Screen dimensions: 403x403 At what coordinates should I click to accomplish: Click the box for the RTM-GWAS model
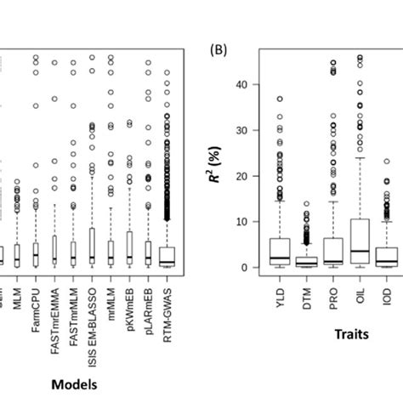[167, 256]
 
